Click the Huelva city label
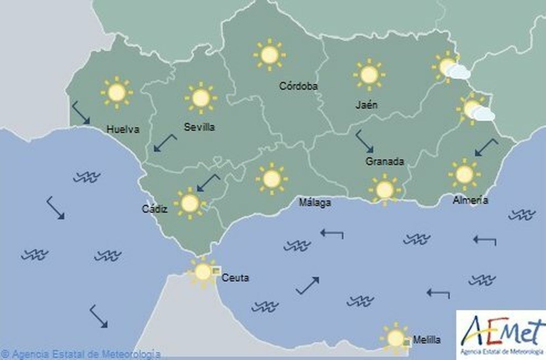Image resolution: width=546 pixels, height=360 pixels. [123, 129]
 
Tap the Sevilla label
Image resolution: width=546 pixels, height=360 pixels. [199, 127]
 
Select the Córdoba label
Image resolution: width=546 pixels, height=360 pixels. [298, 86]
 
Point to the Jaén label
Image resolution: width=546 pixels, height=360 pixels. [367, 105]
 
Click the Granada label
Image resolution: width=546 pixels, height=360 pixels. [385, 161]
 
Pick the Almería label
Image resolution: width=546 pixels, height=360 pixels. [470, 200]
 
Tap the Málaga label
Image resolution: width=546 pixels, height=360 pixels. [315, 203]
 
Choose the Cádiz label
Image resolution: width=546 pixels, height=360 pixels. [155, 209]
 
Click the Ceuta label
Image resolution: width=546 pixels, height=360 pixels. [235, 278]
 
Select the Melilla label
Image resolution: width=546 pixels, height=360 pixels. [427, 340]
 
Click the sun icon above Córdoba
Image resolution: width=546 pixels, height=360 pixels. [270, 55]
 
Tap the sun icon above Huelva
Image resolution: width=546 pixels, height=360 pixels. [117, 92]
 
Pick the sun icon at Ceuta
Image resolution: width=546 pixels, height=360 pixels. [203, 272]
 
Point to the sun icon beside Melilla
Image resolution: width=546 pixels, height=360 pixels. [396, 338]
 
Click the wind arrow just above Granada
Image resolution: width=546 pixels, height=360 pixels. [364, 141]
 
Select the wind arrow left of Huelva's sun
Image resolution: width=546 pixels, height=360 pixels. [81, 112]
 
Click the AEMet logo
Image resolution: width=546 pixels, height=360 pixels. [501, 334]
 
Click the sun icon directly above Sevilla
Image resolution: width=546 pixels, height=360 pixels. [201, 98]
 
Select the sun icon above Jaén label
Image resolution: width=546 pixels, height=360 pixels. [369, 75]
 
